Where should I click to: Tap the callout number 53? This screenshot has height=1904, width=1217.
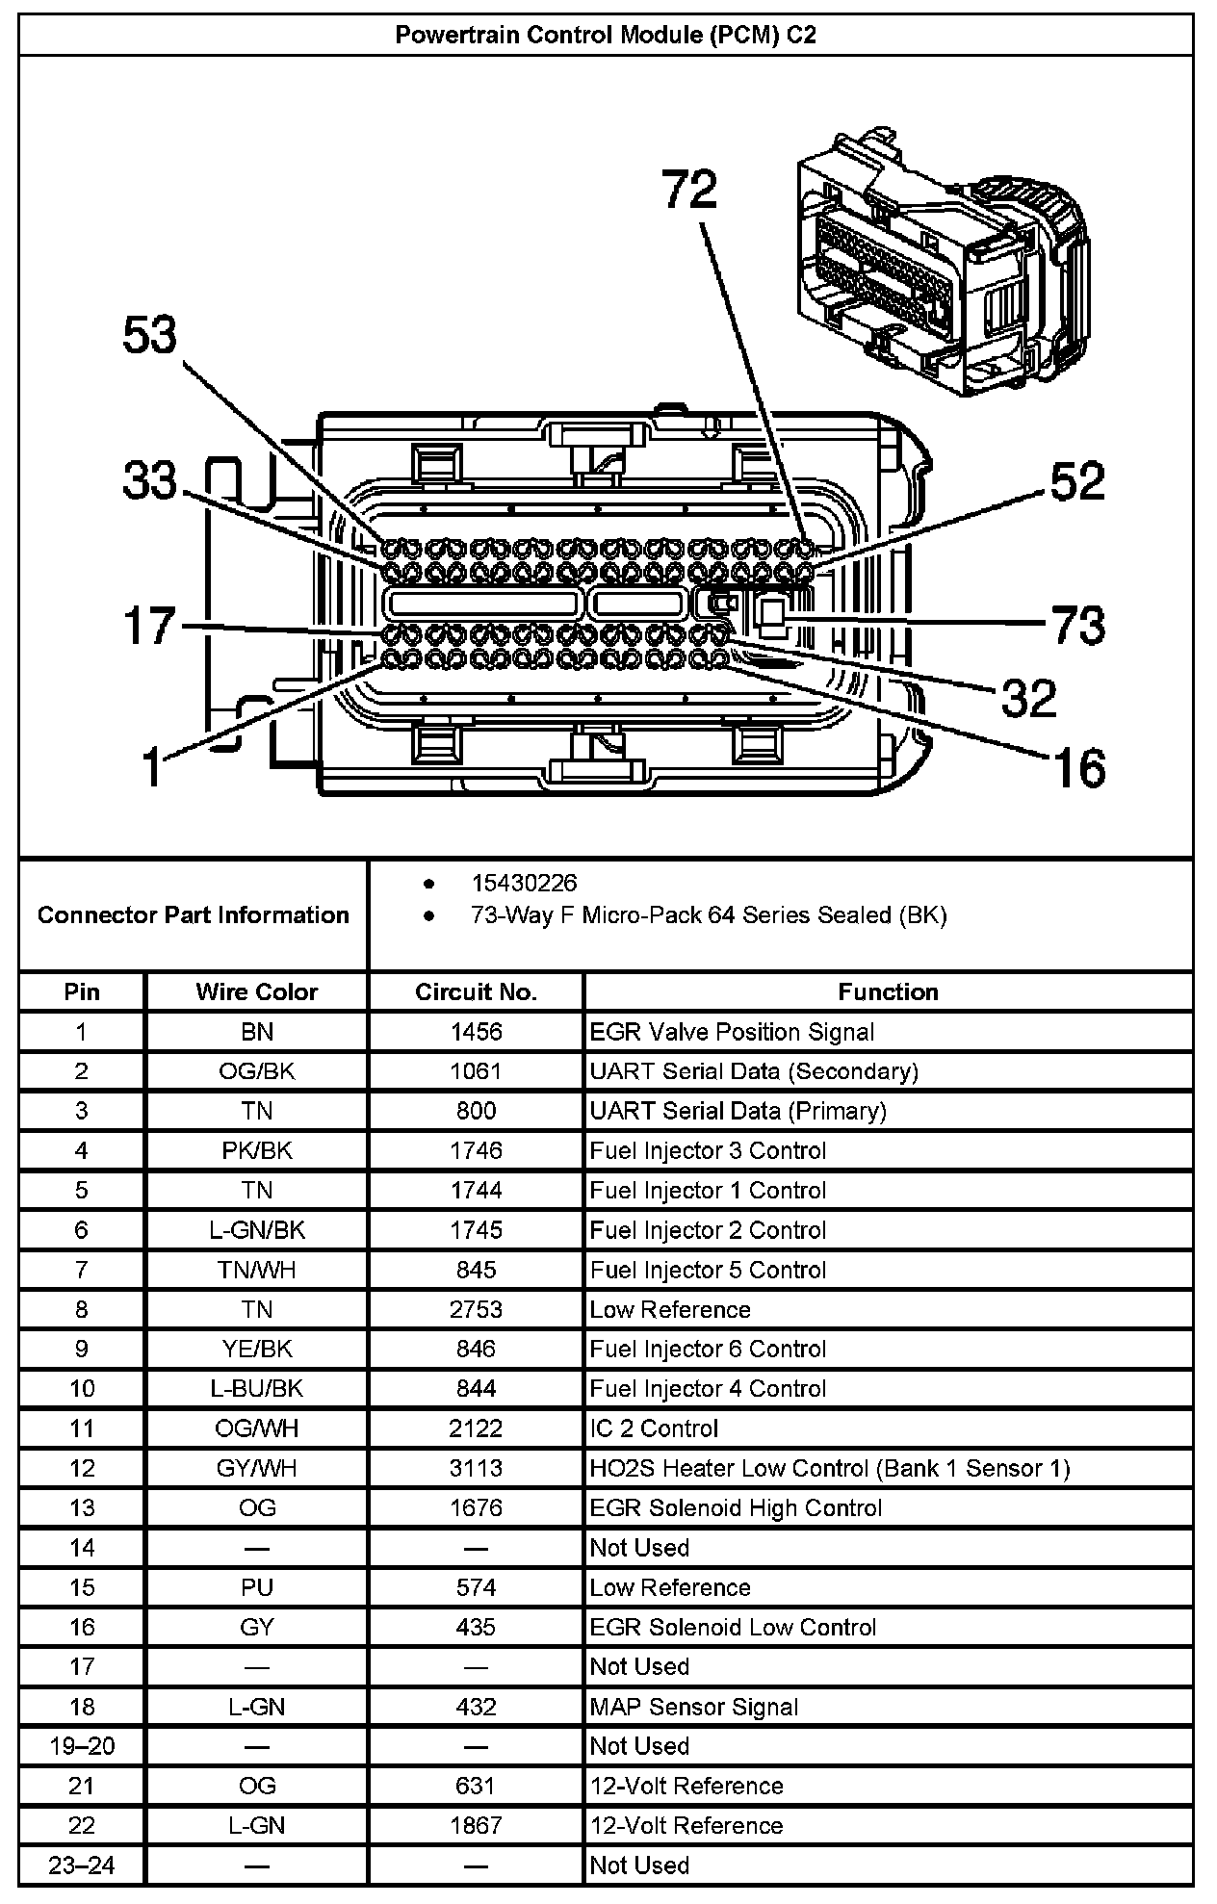click(x=150, y=336)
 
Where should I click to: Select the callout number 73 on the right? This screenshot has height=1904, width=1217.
click(x=1077, y=625)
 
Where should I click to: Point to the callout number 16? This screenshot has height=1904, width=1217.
click(x=1078, y=767)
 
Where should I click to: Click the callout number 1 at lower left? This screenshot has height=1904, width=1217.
click(x=152, y=767)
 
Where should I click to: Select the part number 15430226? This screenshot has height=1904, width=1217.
click(x=524, y=883)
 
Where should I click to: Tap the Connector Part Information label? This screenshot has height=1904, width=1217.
click(x=193, y=914)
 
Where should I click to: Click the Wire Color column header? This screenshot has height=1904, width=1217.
click(x=256, y=991)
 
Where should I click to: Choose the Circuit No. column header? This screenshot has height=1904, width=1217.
click(x=476, y=991)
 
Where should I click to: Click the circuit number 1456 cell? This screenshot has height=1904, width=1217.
click(x=476, y=1032)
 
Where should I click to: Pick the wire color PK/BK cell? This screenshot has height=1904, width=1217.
click(x=256, y=1150)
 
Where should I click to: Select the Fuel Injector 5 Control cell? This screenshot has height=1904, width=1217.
click(x=708, y=1270)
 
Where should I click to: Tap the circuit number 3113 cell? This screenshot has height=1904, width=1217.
click(x=476, y=1468)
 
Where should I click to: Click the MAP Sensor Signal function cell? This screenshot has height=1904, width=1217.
click(x=694, y=1707)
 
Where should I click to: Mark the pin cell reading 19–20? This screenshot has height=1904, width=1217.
click(x=82, y=1746)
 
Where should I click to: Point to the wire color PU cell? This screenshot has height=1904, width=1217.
click(x=256, y=1587)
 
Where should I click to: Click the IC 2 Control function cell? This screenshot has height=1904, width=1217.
click(x=654, y=1428)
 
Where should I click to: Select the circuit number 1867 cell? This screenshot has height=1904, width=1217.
click(x=476, y=1825)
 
